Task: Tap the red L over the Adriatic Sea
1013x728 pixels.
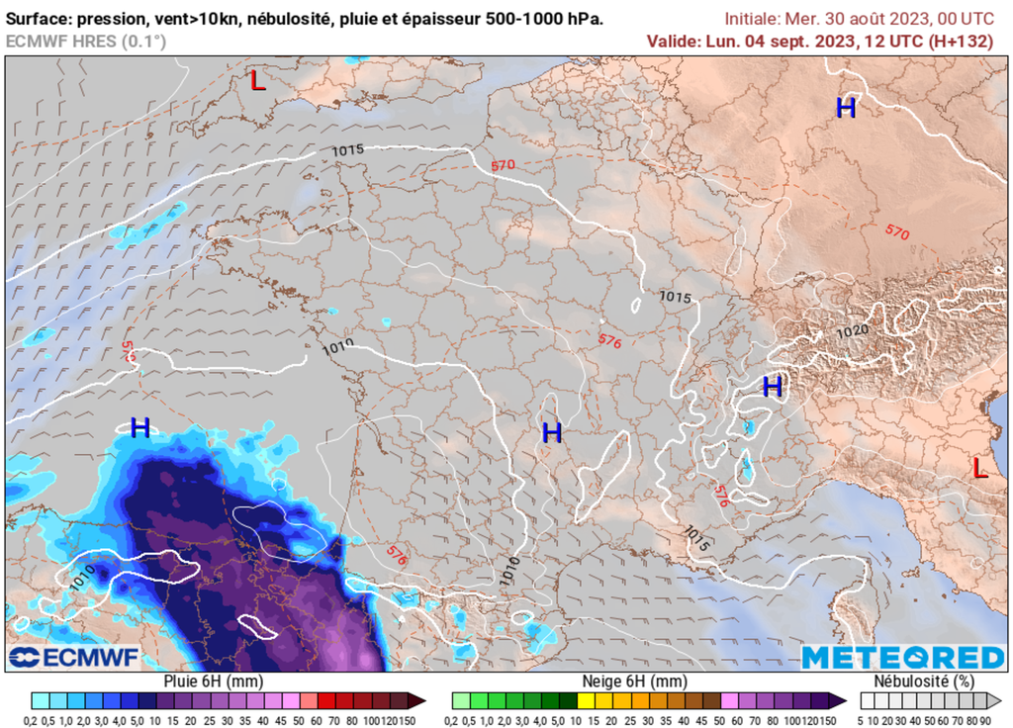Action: point(978,467)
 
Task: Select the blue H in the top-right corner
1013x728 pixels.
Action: point(846,108)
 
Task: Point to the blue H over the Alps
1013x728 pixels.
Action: point(773,385)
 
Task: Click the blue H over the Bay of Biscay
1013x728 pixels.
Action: point(140,427)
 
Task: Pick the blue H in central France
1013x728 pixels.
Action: point(552,432)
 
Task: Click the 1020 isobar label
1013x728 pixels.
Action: point(852,332)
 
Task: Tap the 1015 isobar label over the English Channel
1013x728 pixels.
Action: point(347,149)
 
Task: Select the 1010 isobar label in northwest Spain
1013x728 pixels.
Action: point(83,571)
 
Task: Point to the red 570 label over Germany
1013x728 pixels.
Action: point(503,165)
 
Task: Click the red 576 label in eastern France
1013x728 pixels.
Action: point(609,341)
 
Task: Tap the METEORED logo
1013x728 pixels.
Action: point(902,658)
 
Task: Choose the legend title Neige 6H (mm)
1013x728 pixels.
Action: point(633,682)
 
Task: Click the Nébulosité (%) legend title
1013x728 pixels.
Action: point(925,682)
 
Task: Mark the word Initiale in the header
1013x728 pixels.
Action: point(751,19)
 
